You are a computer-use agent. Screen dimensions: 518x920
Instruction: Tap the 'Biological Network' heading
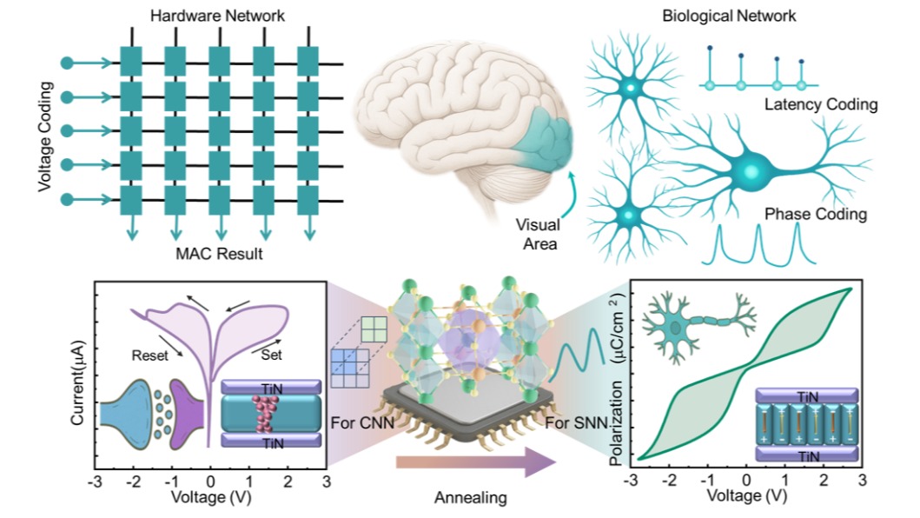click(x=742, y=16)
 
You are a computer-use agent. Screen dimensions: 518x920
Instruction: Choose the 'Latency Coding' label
click(x=820, y=104)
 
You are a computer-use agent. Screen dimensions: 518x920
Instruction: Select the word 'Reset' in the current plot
click(x=150, y=354)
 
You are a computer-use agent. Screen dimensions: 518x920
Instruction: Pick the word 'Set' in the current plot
click(x=272, y=354)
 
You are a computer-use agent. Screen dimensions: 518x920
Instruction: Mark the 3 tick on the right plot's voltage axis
click(x=863, y=480)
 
